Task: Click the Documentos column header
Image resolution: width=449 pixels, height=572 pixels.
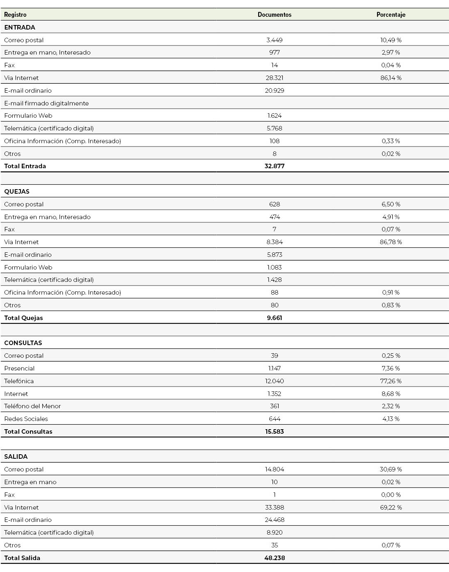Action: click(x=274, y=15)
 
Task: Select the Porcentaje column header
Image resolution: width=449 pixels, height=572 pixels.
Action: click(x=391, y=15)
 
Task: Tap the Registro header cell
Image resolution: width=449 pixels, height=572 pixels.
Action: click(x=15, y=15)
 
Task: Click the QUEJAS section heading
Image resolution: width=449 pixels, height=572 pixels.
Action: click(x=17, y=192)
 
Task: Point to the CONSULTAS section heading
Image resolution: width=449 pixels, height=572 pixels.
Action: click(x=23, y=343)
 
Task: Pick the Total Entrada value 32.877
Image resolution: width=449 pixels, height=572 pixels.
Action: click(x=274, y=166)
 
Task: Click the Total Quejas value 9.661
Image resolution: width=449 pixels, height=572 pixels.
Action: click(x=274, y=318)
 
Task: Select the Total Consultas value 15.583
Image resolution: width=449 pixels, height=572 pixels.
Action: click(x=274, y=432)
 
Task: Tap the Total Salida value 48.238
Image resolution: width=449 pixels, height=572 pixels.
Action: click(x=274, y=558)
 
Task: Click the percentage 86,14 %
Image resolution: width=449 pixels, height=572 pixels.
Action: click(x=391, y=78)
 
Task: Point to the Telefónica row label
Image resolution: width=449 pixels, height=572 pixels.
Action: click(x=19, y=381)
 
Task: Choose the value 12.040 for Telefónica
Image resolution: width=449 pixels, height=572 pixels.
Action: click(x=274, y=381)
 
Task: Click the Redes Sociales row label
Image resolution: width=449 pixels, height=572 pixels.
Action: click(x=26, y=419)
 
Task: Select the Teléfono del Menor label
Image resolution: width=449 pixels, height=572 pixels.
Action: click(x=32, y=406)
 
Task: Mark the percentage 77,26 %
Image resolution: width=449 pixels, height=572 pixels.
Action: click(x=391, y=381)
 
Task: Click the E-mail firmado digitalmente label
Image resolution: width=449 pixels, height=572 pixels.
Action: click(x=46, y=103)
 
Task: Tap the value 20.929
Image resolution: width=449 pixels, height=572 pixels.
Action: click(x=274, y=91)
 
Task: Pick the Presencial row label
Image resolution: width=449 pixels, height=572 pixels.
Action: click(x=19, y=368)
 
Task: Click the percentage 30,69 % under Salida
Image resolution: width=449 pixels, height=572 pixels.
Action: click(x=391, y=469)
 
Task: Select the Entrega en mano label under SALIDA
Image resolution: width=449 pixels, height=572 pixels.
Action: click(x=30, y=482)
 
